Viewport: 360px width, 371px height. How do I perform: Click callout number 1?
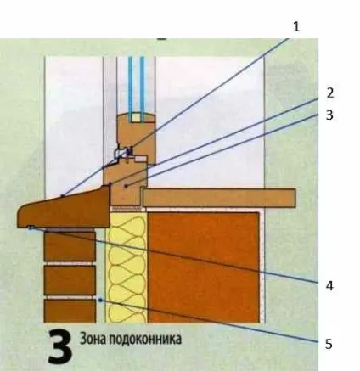click(x=296, y=27)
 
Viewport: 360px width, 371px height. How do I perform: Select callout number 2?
click(x=329, y=93)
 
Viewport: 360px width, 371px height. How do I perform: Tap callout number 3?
click(x=329, y=115)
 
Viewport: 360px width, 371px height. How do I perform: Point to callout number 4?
click(x=329, y=286)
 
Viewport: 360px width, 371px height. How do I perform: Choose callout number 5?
click(x=329, y=344)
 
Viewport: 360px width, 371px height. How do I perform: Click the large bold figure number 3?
click(x=59, y=347)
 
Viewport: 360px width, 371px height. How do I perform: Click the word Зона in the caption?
click(x=93, y=339)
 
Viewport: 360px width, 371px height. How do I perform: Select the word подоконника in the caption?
click(x=145, y=340)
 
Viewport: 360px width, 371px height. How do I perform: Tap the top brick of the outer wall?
click(x=70, y=246)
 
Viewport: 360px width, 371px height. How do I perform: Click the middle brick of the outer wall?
click(x=70, y=280)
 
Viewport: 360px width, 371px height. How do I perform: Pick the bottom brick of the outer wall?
click(x=70, y=311)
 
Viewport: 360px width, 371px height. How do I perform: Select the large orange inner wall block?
click(x=204, y=267)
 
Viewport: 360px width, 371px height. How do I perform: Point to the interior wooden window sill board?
click(x=219, y=198)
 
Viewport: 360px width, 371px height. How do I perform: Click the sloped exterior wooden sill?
click(x=64, y=210)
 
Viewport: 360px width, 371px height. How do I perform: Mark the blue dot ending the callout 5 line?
click(x=99, y=300)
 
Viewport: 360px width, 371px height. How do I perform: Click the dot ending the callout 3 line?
click(x=127, y=186)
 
